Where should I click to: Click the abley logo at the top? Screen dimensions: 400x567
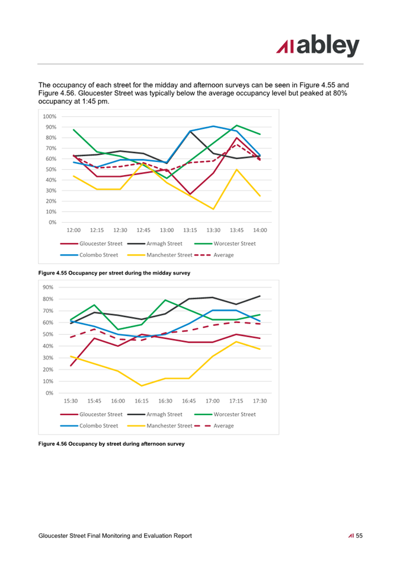point(318,46)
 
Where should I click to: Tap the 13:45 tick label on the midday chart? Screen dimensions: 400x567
point(236,230)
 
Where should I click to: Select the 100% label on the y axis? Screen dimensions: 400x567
point(49,116)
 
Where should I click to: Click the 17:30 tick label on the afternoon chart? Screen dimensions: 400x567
point(260,401)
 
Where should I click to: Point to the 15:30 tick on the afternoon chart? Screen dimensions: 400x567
point(71,401)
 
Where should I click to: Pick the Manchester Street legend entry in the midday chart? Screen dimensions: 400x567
point(160,255)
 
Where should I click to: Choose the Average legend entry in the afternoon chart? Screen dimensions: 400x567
point(214,426)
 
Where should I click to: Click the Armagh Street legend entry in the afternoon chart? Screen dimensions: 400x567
point(155,414)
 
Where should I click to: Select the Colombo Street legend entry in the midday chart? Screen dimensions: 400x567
point(89,255)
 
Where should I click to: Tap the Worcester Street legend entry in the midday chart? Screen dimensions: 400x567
point(225,244)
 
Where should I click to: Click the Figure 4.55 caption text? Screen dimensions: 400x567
point(114,273)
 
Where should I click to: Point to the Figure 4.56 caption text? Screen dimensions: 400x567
point(111,444)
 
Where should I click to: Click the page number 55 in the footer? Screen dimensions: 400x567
point(359,536)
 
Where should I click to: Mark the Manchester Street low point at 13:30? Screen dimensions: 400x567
point(213,209)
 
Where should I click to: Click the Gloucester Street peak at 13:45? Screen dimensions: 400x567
point(236,137)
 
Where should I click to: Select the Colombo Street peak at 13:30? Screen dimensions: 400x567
point(213,126)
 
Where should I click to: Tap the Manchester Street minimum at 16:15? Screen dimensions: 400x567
point(142,386)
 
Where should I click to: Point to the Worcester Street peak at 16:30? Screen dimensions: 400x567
point(165,300)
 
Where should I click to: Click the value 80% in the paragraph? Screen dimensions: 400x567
point(340,93)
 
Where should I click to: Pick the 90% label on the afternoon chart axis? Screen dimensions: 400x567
point(48,287)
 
